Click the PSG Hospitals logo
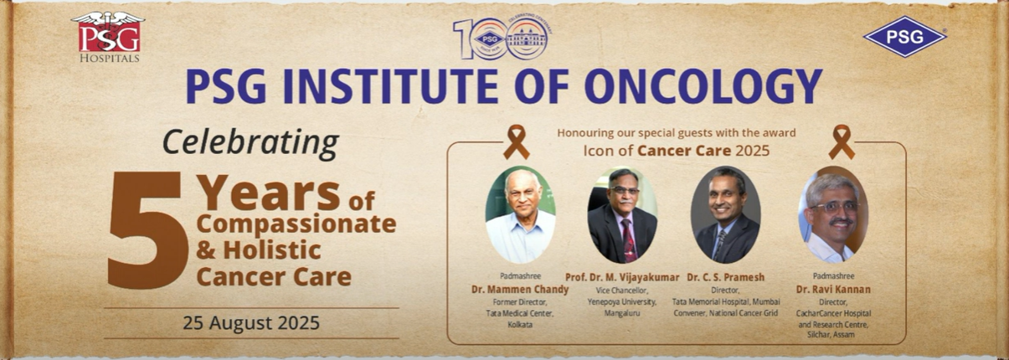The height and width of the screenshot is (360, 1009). point(108,37)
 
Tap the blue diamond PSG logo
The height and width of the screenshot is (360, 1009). point(904,37)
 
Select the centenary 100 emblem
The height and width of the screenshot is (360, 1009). point(502,39)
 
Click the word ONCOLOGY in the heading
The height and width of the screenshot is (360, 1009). point(704,86)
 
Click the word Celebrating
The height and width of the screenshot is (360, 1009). point(251,143)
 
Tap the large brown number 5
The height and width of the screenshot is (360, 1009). point(147,229)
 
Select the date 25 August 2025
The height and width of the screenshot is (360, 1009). point(251,323)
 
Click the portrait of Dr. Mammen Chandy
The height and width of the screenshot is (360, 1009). point(520,215)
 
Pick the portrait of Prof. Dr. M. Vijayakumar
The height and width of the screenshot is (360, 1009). point(622,215)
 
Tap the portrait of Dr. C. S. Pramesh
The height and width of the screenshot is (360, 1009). point(725,215)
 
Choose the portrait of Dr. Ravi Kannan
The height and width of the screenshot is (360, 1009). point(833,215)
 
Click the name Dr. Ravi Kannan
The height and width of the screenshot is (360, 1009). point(833,290)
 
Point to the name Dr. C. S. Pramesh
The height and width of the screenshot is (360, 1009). point(726,278)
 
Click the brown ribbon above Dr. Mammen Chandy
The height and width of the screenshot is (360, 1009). point(516,142)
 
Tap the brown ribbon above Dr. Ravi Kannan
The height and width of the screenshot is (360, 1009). point(842,142)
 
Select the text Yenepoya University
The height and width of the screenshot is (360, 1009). point(621,302)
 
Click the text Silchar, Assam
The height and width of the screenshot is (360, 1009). point(833,335)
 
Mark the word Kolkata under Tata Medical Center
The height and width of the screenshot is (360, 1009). point(520,324)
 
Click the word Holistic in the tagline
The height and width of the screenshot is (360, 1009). point(272,250)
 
